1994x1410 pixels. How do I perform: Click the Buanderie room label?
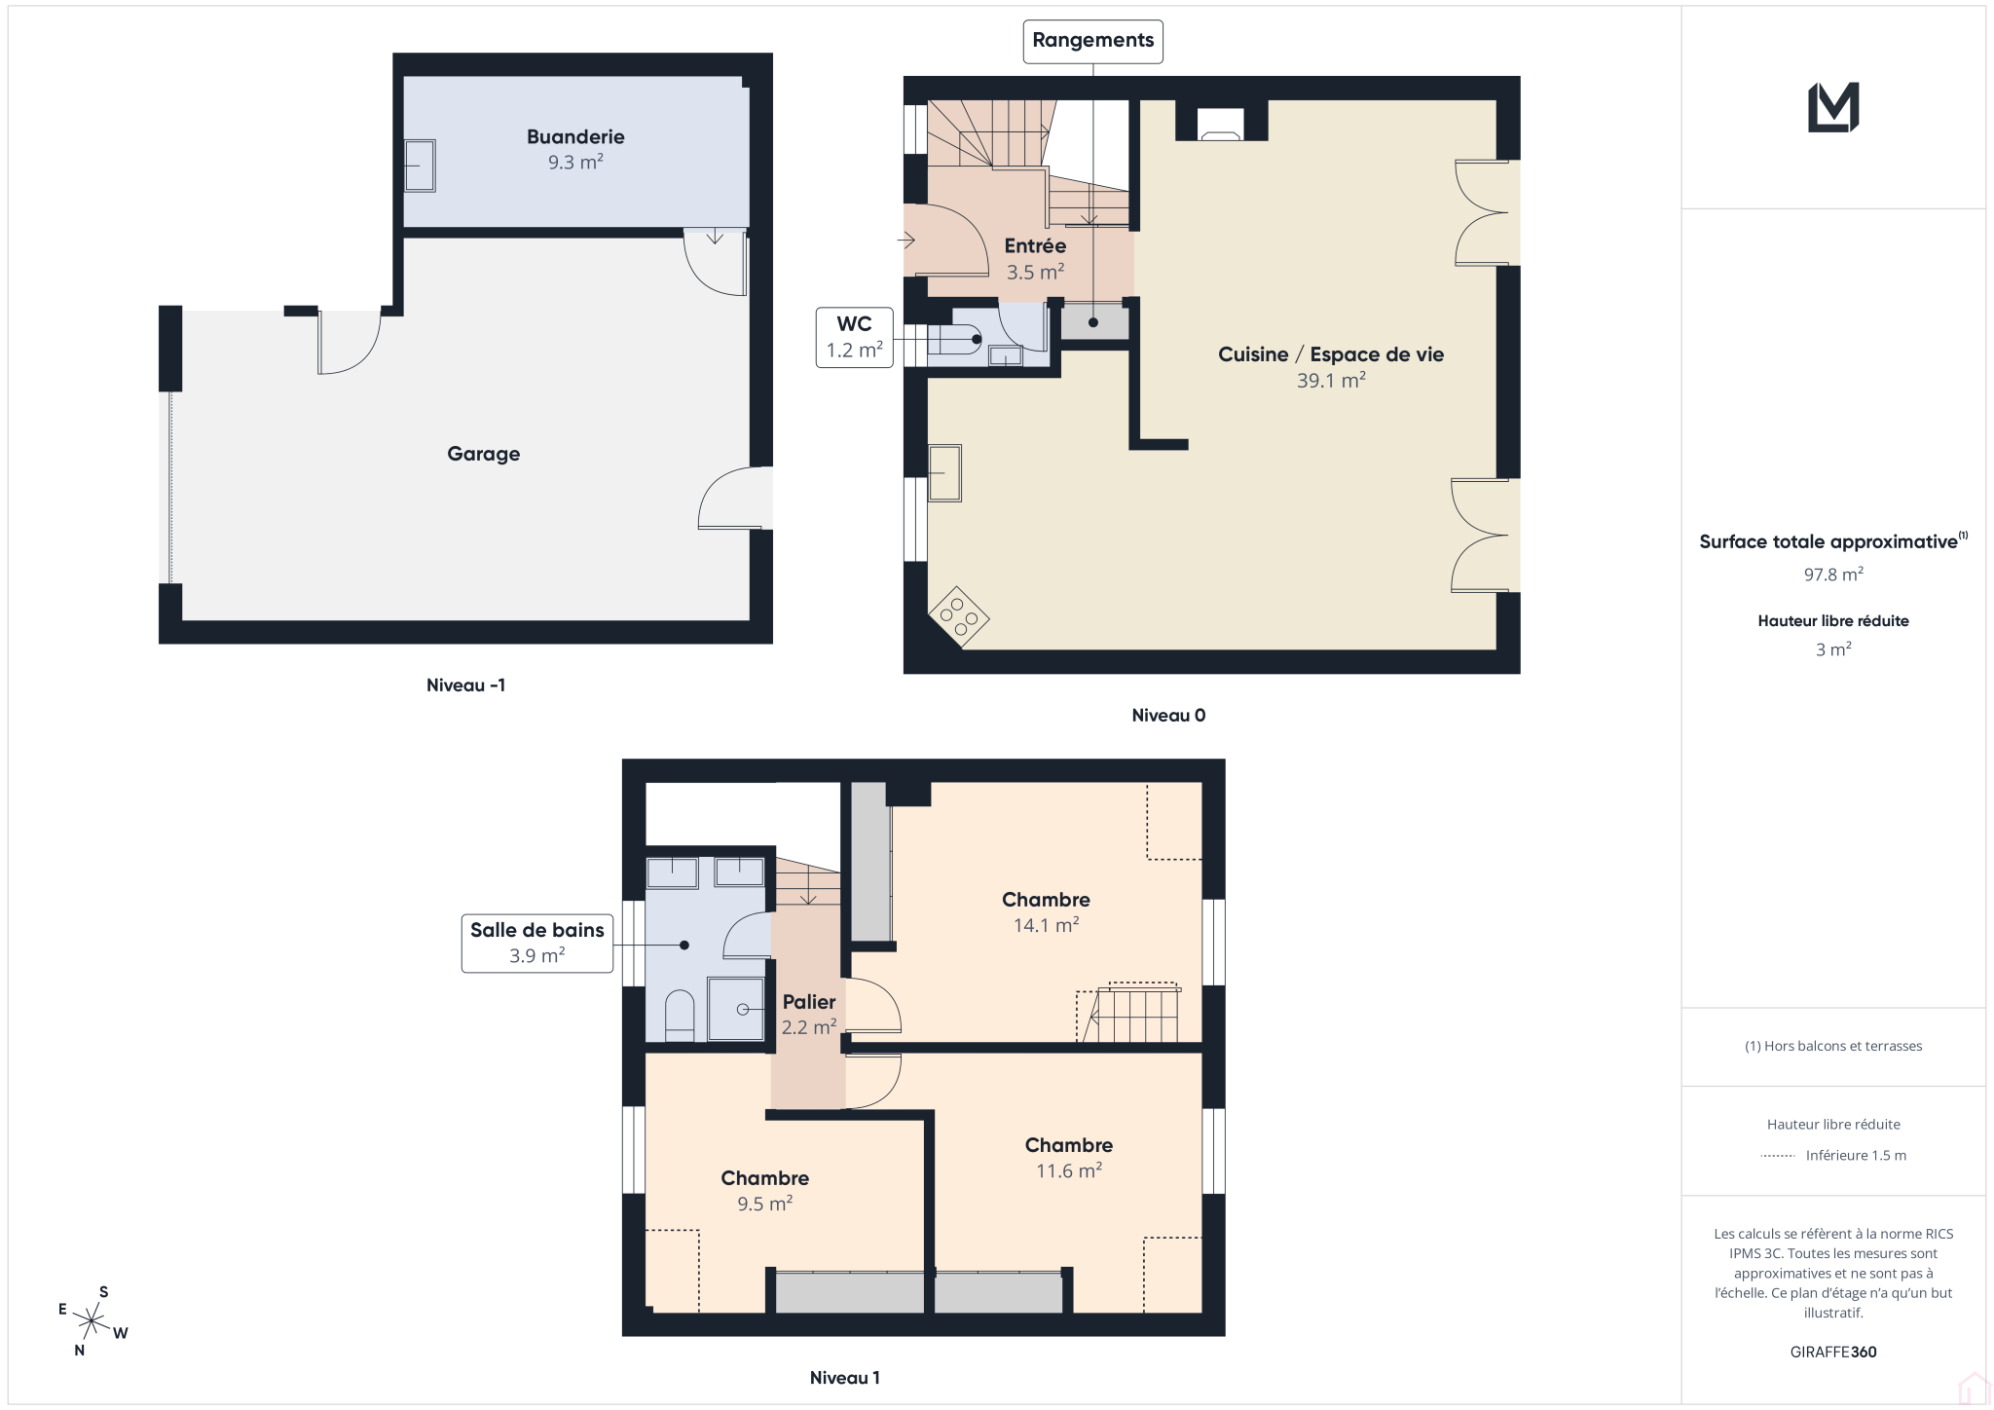[575, 137]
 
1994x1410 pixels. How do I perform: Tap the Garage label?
[484, 454]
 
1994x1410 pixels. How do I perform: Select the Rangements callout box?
[1092, 41]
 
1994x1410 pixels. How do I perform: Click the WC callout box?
[854, 337]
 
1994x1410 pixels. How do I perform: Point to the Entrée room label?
[1035, 246]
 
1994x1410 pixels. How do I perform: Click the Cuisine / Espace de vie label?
[1331, 354]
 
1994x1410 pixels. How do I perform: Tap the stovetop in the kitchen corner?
[959, 616]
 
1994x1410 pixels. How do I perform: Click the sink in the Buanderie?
[420, 166]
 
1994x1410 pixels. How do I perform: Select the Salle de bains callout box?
[537, 943]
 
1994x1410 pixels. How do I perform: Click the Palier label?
[809, 1002]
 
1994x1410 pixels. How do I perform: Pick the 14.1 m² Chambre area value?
[1046, 925]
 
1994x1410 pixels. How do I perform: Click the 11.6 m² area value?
[1068, 1170]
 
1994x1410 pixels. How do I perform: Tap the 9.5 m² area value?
[764, 1204]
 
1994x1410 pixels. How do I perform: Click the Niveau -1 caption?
[465, 686]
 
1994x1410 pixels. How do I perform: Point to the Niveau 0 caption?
[1168, 716]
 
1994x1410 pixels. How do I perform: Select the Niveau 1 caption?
[844, 1378]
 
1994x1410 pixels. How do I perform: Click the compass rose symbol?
[92, 1321]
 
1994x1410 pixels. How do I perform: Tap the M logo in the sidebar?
[1833, 107]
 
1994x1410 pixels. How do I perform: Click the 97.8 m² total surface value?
[1833, 575]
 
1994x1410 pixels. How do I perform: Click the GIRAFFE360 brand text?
[1833, 1352]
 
